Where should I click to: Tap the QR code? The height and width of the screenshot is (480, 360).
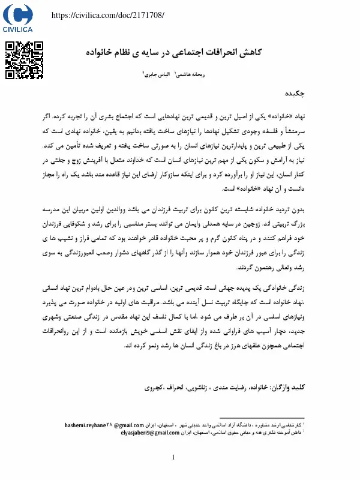25,60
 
